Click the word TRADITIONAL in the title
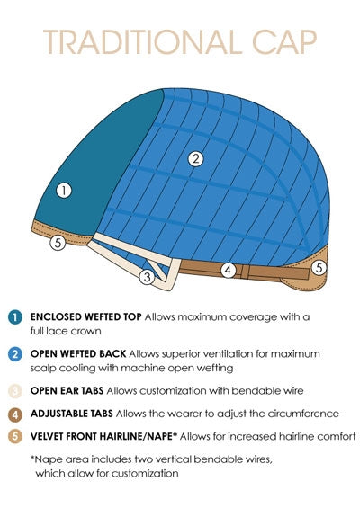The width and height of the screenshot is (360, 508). tap(142, 41)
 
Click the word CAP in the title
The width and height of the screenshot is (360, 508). tap(284, 41)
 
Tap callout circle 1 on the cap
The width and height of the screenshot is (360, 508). tap(64, 191)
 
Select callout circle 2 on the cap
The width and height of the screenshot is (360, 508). tap(195, 159)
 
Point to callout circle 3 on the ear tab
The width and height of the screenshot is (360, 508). tap(148, 277)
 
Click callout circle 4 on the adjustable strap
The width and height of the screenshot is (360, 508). tap(229, 270)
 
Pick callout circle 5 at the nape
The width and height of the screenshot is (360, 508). tap(319, 268)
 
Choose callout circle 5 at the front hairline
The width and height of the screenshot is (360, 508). tap(58, 242)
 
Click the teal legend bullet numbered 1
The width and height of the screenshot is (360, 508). tap(15, 317)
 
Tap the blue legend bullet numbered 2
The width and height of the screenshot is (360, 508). tap(15, 354)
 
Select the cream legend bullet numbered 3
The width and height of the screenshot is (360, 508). tap(15, 391)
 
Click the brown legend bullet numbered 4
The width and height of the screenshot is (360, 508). tap(15, 414)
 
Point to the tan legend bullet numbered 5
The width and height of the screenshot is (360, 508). tap(15, 437)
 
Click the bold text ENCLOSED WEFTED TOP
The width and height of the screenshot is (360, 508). tap(85, 316)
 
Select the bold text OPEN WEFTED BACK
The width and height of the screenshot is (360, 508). tap(78, 353)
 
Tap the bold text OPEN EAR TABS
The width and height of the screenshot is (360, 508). tap(67, 391)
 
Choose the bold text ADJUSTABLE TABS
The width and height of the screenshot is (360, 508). tap(72, 414)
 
